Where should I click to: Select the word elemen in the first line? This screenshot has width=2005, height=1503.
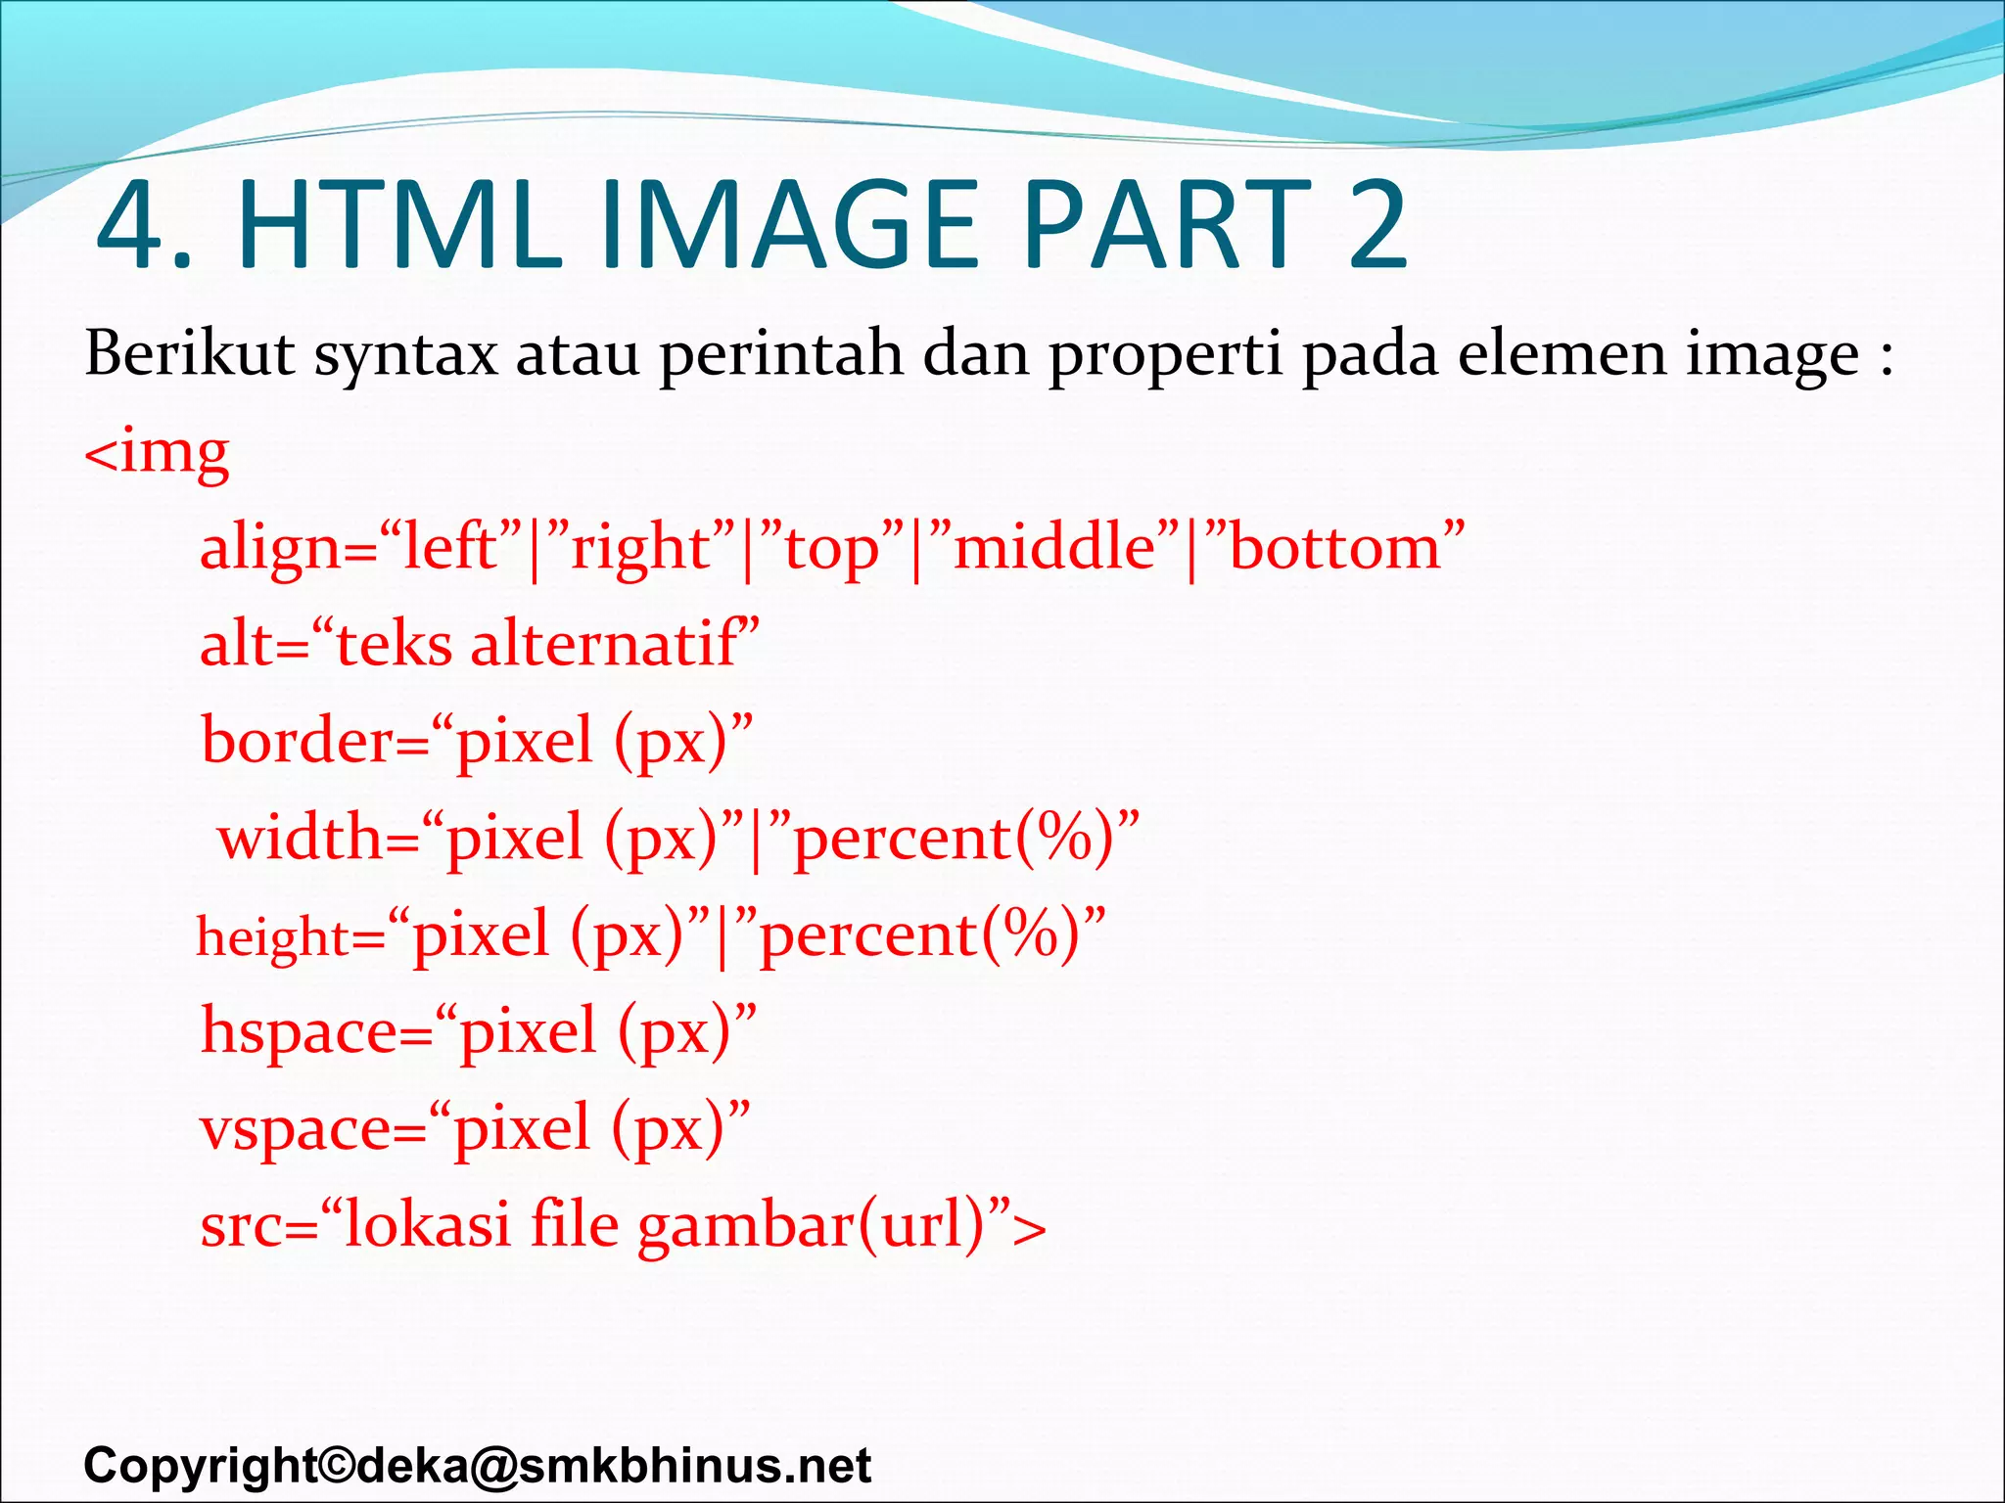tap(1561, 353)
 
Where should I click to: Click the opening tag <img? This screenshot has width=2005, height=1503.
tap(158, 453)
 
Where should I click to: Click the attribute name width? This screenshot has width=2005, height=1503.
tap(300, 838)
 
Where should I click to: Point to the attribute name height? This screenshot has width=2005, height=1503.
tap(273, 936)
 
